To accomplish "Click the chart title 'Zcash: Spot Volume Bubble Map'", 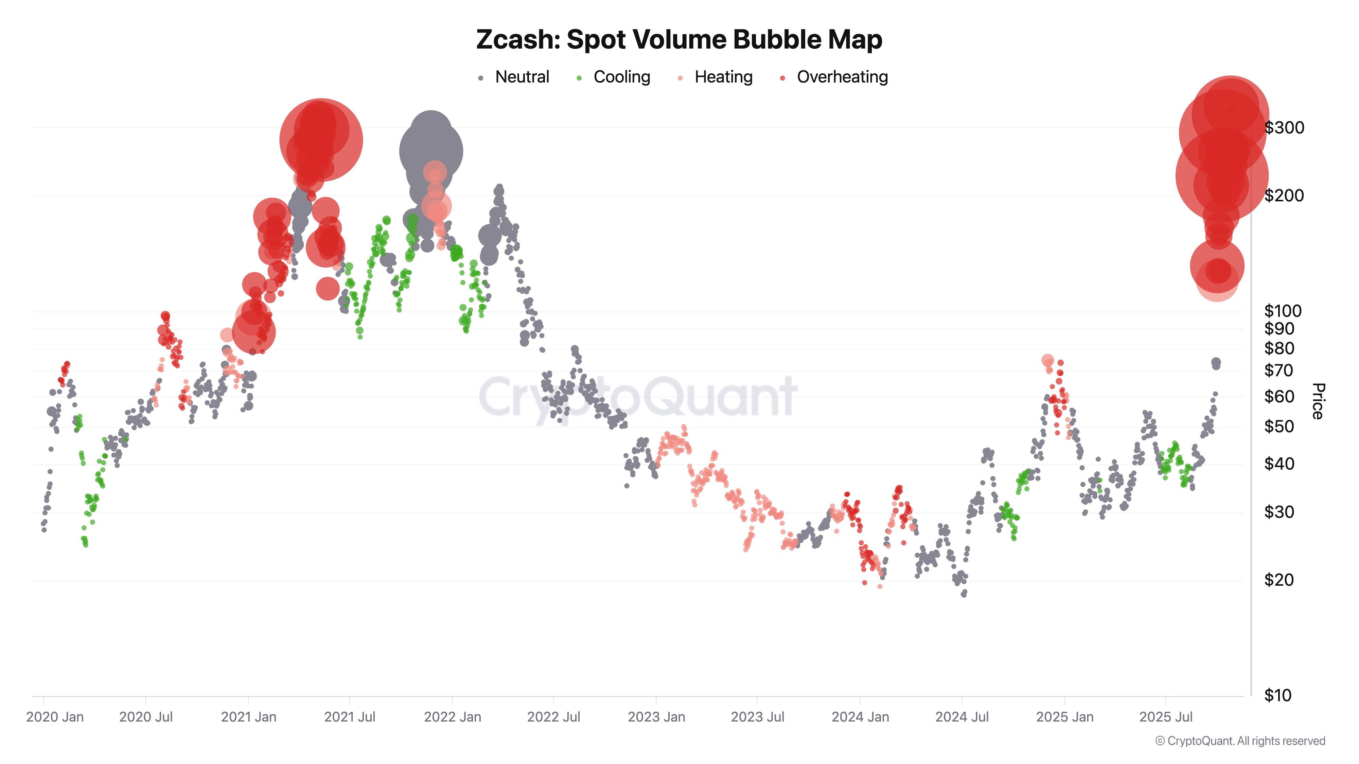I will [x=679, y=39].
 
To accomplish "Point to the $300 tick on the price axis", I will [x=1284, y=128].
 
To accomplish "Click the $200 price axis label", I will [x=1284, y=196].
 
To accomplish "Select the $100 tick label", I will [x=1283, y=311].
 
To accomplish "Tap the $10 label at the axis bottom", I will [x=1278, y=695].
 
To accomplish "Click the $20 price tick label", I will [x=1279, y=580].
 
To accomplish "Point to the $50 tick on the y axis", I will [x=1279, y=426].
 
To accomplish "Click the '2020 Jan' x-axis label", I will [x=55, y=717].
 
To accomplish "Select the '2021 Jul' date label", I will [x=349, y=717].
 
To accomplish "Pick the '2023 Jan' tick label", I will [x=656, y=717].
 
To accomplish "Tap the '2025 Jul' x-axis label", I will [x=1166, y=717].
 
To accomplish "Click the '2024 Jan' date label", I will [x=860, y=717].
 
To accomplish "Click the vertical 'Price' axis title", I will [x=1318, y=401].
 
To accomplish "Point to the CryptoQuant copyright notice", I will [x=1240, y=741].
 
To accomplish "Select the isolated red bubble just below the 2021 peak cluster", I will [x=328, y=288].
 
